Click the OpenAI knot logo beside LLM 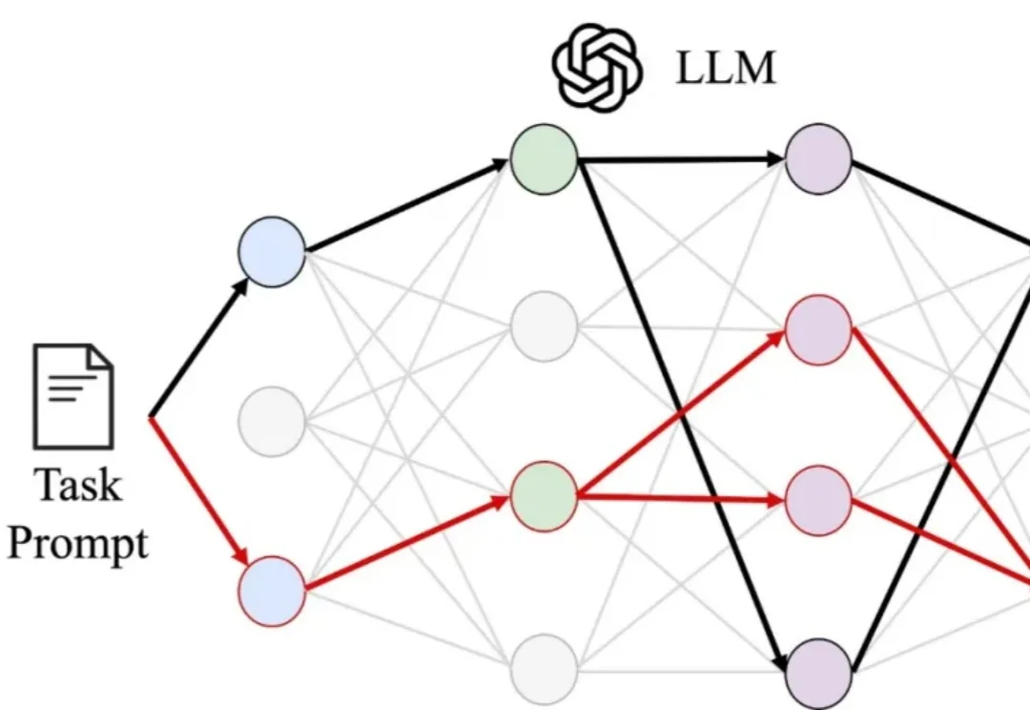597,67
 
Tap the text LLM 726,68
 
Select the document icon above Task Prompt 73,396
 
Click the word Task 78,485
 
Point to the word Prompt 77,545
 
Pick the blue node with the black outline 272,252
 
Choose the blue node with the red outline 272,591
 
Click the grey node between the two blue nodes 272,422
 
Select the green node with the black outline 545,159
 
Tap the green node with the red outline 545,496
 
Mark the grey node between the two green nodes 545,326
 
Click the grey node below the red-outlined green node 545,669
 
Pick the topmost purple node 818,159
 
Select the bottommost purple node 818,673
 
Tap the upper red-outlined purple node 818,330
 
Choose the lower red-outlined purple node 818,500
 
